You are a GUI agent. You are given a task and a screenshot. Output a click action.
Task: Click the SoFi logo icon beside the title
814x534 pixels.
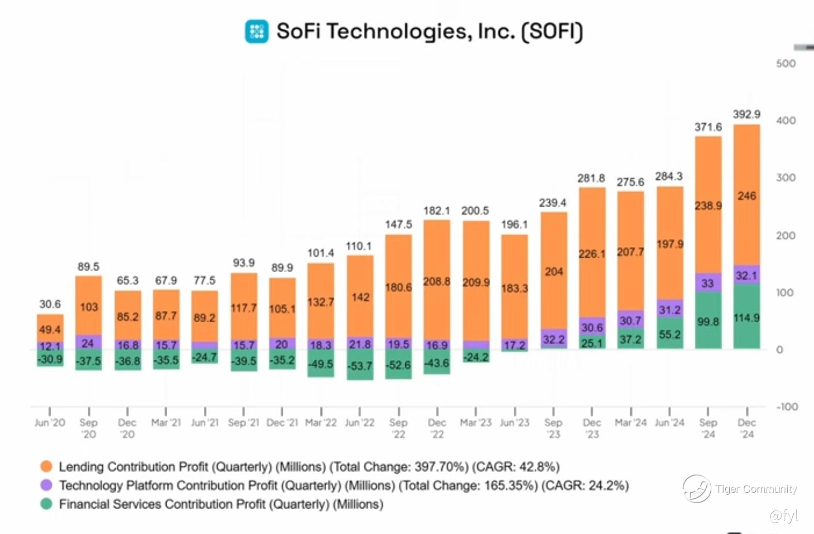(257, 31)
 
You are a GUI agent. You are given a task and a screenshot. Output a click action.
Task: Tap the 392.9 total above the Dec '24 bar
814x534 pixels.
(746, 114)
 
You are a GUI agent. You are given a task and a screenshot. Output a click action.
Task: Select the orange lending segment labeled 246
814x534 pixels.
(747, 196)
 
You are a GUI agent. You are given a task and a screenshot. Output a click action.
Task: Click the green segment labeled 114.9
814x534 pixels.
(747, 318)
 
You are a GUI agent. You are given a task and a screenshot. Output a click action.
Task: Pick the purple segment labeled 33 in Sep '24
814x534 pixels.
(708, 283)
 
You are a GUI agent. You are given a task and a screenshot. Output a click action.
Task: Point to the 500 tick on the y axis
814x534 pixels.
(786, 64)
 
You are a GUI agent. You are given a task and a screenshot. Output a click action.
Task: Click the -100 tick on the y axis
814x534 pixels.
(787, 407)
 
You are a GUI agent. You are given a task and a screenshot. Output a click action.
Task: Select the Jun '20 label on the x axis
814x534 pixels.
(50, 422)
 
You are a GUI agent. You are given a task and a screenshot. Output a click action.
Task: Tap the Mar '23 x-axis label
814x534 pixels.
(475, 422)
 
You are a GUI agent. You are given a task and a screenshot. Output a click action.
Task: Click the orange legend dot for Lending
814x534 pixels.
(46, 467)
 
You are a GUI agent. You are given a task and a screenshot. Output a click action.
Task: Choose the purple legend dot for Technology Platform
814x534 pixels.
(46, 485)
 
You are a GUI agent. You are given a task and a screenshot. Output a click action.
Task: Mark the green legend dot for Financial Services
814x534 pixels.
(46, 504)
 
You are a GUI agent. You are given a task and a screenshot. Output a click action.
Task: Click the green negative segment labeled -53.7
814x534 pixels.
(360, 366)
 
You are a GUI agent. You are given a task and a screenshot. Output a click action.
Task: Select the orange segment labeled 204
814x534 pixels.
(554, 272)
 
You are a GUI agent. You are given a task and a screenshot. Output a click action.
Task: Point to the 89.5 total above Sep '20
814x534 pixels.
(88, 267)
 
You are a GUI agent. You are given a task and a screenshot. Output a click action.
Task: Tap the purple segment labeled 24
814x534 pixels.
(88, 343)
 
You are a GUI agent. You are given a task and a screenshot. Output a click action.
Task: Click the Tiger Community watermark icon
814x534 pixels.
(697, 489)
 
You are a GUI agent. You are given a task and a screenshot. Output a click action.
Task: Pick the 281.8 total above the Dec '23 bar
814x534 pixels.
(591, 179)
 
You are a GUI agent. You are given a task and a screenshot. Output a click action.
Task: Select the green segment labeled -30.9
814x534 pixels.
(50, 358)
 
